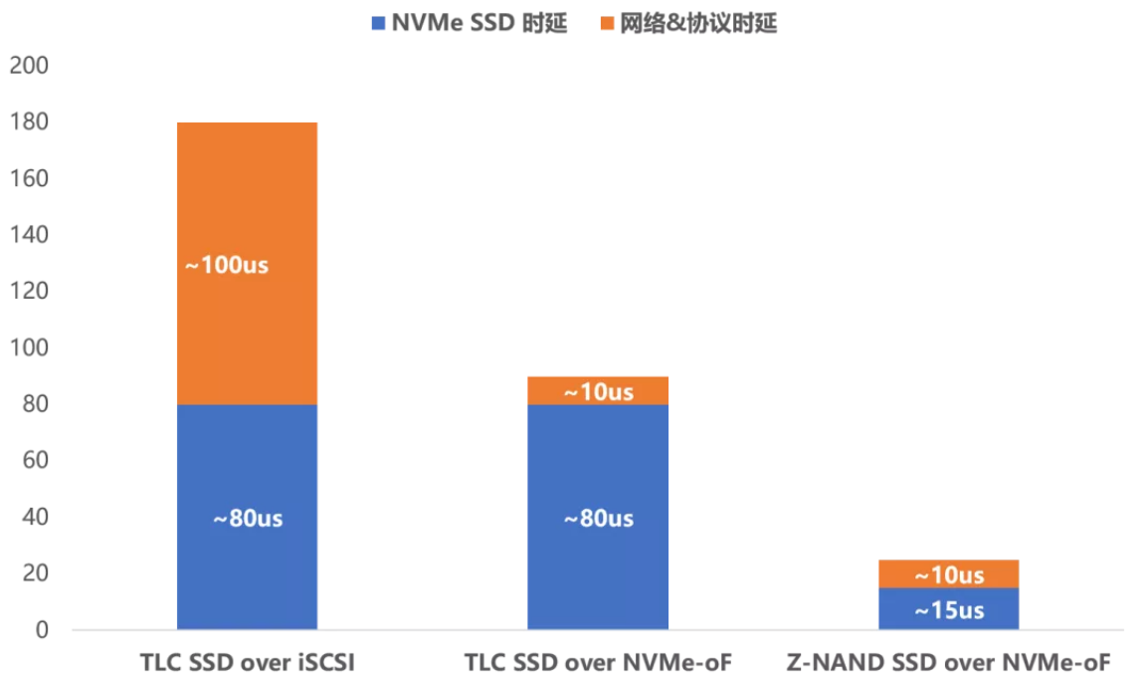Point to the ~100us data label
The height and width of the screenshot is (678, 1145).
tap(226, 266)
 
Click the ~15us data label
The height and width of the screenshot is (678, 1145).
tap(948, 609)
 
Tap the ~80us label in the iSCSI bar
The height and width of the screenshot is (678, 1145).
tap(247, 519)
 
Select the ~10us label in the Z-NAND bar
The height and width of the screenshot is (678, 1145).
tap(948, 574)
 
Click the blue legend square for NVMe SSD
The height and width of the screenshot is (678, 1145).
tap(377, 24)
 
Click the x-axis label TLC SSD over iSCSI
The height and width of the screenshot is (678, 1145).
tap(247, 662)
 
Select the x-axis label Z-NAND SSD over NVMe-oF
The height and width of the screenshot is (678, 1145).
tap(948, 662)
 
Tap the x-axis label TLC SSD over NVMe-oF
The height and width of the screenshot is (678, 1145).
tap(597, 662)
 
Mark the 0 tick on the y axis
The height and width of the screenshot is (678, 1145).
tap(41, 630)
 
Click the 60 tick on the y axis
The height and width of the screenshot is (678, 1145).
tap(34, 461)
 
